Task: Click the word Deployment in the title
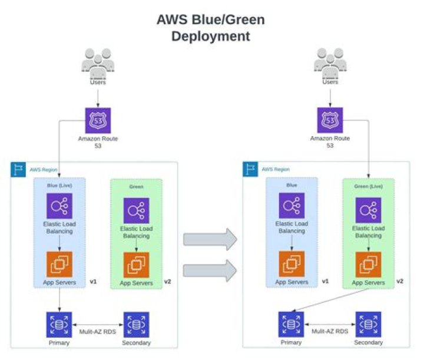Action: [x=211, y=36]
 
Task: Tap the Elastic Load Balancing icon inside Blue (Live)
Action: [x=59, y=207]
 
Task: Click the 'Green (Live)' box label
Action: [x=368, y=186]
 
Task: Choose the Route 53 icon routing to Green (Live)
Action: [x=330, y=120]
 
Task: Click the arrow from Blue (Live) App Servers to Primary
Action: [x=59, y=299]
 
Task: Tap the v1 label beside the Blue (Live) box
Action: [x=93, y=282]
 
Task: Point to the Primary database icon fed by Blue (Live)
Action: [x=59, y=324]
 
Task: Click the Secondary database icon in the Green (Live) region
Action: [x=368, y=324]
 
